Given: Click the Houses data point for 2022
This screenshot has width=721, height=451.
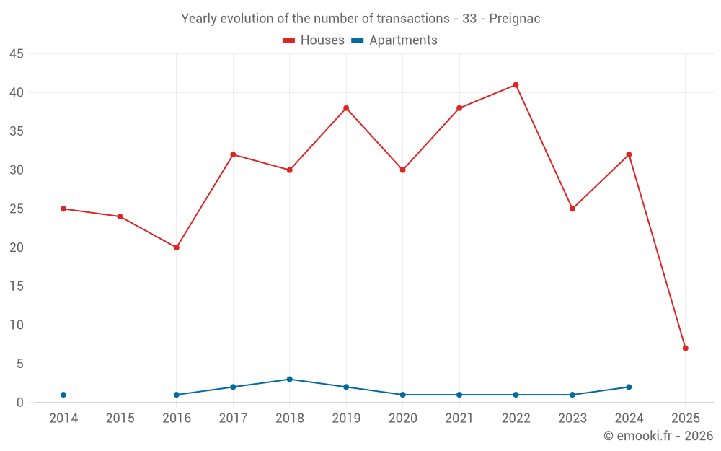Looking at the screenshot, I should pos(516,85).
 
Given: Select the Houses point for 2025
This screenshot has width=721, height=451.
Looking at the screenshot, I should pos(685,349).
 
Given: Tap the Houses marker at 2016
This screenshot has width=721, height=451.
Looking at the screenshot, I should pos(177,248).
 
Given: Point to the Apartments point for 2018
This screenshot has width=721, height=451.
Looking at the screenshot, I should pos(289,380).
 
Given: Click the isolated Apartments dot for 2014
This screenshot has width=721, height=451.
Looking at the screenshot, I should pos(63,395).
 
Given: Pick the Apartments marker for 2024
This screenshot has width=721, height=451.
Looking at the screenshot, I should pos(629,387).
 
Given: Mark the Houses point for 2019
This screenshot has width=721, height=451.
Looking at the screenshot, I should pos(346,108).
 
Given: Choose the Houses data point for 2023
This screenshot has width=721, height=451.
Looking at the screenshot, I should pos(572,209).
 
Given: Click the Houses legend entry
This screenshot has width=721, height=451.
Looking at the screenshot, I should pos(314,40).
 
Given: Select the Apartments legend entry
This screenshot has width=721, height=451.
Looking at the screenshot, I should pos(394,40).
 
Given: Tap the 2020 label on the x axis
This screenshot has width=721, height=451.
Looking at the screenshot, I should pos(402,419).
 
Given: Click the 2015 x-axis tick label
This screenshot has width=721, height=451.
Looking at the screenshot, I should pos(120,419).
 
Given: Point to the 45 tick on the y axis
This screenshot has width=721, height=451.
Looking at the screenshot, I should pos(17,54).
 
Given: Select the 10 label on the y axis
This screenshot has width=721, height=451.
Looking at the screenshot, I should pos(17,325).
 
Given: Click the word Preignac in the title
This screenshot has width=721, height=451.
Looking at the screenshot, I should pos(514,19).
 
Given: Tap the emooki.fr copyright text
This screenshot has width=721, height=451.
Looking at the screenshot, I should pos(658,436).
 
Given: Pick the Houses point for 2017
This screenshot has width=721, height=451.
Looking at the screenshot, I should pos(233,154).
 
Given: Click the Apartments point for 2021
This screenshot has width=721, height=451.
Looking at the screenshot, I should pos(459,395).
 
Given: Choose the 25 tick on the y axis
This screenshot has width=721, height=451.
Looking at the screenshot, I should pos(17,209).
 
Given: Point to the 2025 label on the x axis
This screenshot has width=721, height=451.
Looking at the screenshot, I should pos(685,419).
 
